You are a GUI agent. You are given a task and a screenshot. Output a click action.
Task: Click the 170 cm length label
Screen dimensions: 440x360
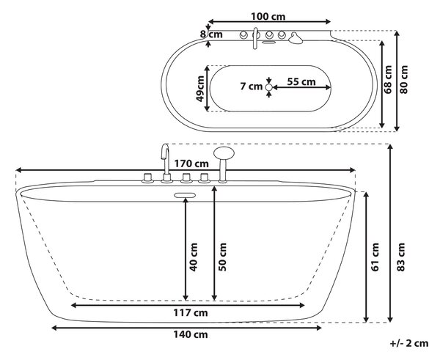(x=191, y=164)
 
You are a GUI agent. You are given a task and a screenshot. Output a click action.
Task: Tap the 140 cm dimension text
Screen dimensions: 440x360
(x=190, y=334)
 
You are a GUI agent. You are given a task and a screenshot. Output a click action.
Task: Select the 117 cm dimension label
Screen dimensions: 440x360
(x=191, y=312)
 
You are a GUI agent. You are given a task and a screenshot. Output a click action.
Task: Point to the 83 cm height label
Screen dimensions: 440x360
(x=401, y=257)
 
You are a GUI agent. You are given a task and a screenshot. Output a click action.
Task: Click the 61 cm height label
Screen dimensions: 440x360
(x=375, y=257)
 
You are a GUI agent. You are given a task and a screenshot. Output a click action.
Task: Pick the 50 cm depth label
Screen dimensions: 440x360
(x=222, y=257)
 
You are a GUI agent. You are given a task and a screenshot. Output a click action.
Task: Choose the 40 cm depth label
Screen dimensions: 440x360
(x=194, y=257)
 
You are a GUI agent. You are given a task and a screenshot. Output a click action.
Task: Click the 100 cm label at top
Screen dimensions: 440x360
(x=268, y=17)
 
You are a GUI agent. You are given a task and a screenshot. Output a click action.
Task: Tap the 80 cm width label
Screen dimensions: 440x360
(x=403, y=79)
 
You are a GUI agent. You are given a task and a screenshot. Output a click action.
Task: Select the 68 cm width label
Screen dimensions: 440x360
(x=388, y=79)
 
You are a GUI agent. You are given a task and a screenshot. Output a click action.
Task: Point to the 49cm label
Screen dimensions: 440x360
(x=199, y=89)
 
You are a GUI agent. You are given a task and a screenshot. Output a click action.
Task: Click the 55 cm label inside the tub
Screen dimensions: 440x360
(x=301, y=81)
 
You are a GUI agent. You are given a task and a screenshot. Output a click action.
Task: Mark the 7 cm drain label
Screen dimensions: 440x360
(x=252, y=87)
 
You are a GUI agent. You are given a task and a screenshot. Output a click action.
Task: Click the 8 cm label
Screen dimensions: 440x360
(x=211, y=34)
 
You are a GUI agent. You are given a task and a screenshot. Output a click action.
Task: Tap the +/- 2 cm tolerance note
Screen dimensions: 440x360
(x=409, y=343)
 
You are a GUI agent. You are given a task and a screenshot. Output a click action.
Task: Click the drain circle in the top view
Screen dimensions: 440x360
(x=268, y=87)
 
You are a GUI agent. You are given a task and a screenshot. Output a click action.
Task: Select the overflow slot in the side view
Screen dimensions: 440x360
(x=185, y=195)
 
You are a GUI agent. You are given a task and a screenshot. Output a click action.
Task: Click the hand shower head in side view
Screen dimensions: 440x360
(x=224, y=153)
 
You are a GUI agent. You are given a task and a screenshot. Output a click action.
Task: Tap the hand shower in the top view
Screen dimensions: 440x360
(x=296, y=38)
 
